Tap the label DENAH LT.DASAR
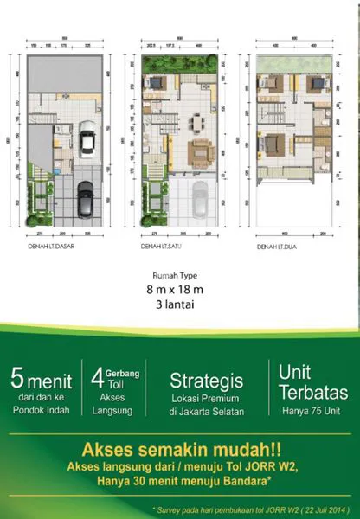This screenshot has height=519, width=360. (48, 247)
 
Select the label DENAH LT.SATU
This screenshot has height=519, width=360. (159, 247)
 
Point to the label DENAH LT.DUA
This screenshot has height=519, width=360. (277, 247)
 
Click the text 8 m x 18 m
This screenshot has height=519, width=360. (180, 293)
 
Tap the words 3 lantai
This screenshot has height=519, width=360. (180, 307)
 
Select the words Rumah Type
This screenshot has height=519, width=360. (180, 278)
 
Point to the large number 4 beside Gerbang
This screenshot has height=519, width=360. (98, 380)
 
